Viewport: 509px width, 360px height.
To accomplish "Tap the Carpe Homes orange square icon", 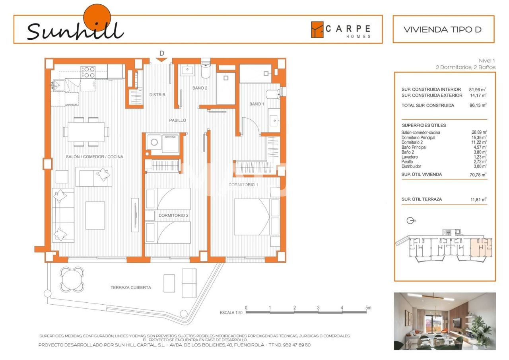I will coord(317,29).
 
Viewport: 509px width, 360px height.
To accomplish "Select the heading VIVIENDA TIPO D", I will coord(443,29).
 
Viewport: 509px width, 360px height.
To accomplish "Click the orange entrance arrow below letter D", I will coord(161,60).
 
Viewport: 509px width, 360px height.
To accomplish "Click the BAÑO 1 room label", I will coord(256,104).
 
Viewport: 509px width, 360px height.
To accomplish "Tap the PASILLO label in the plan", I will coord(177,120).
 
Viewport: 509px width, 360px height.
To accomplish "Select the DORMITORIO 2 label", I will coord(173,215).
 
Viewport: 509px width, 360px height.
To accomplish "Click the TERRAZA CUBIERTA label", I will coord(131,288).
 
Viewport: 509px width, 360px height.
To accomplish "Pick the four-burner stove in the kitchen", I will coord(88,72).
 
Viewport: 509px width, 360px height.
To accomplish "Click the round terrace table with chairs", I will coord(72,279).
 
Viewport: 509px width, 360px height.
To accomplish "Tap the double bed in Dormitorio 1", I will coord(252,217).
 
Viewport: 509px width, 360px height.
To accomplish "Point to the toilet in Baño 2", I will coord(206,70).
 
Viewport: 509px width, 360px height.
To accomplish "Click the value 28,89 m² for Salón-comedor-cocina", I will coord(479,132).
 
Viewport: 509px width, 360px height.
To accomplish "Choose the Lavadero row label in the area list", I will coord(410,157).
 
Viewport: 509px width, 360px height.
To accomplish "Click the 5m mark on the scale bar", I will coord(368,308).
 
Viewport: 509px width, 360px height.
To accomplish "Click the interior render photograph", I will coord(445,321).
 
